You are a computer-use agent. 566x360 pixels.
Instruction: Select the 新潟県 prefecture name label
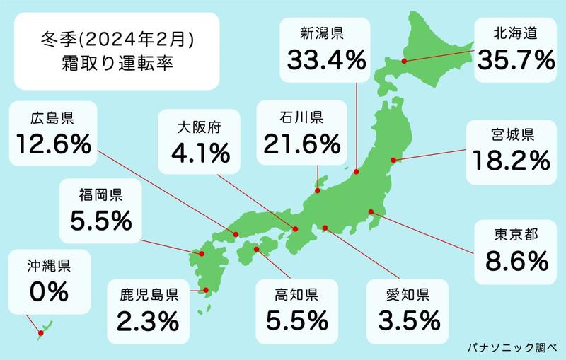pyautogui.click(x=325, y=32)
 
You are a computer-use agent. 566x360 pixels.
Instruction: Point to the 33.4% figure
pyautogui.click(x=325, y=59)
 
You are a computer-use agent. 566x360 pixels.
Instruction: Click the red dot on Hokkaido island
pyautogui.click(x=404, y=62)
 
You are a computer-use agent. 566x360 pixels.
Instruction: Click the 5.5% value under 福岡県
pyautogui.click(x=101, y=221)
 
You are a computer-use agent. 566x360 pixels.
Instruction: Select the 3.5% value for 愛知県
pyautogui.click(x=404, y=320)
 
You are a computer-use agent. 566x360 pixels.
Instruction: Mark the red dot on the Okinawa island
pyautogui.click(x=40, y=331)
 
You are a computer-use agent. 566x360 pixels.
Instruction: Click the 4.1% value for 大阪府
pyautogui.click(x=199, y=152)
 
